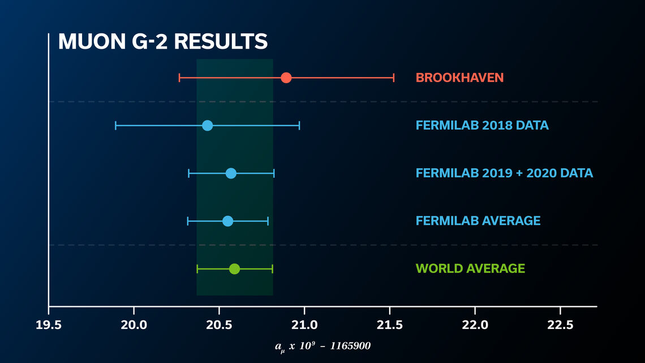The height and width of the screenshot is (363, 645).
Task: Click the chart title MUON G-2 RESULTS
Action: tap(162, 42)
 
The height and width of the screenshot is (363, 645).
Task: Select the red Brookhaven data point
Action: tap(286, 78)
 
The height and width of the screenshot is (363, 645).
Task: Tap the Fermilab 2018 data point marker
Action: tap(207, 125)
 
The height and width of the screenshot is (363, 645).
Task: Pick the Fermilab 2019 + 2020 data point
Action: tap(231, 173)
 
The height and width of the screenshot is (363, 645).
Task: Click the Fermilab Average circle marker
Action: tap(227, 221)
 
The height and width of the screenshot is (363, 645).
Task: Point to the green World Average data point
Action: tap(234, 268)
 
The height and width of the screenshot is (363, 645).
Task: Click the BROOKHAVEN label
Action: tap(459, 78)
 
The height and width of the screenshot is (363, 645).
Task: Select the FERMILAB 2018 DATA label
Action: tap(482, 125)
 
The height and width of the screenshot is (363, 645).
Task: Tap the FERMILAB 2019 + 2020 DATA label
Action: tap(504, 173)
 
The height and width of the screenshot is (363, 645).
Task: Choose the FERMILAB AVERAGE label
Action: tap(478, 221)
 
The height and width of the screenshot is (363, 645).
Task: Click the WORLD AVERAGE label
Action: tap(470, 268)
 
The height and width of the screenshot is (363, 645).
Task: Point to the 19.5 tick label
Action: tap(49, 326)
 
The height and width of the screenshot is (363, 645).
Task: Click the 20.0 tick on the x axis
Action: tap(134, 326)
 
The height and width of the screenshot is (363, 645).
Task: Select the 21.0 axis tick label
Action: tap(304, 326)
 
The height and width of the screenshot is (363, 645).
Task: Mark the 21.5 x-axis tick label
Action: tap(389, 326)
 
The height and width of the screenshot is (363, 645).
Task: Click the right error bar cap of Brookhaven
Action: tap(393, 78)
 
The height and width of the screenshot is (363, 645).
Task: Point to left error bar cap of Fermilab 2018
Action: tap(115, 125)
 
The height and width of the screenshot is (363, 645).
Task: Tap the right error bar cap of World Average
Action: tap(272, 268)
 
